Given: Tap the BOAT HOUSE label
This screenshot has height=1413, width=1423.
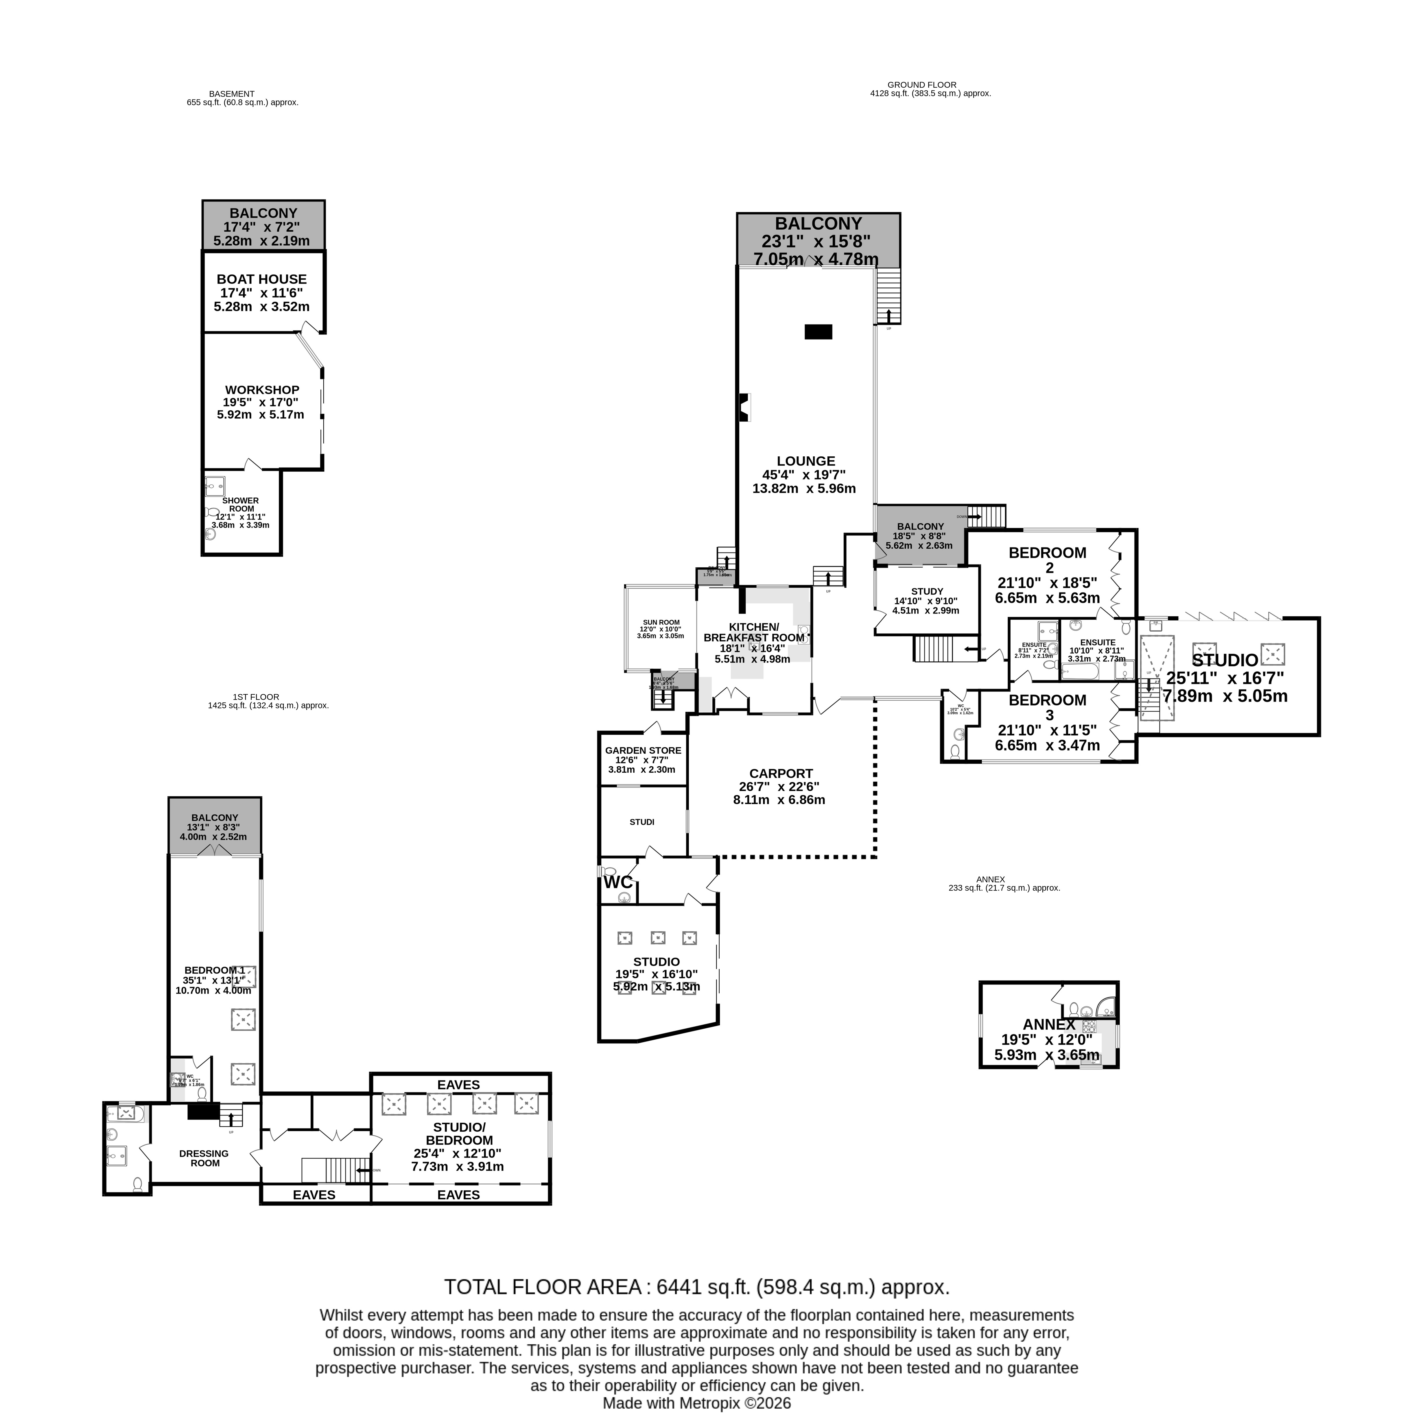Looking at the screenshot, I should click(261, 279).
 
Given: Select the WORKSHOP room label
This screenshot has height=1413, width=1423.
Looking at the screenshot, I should click(262, 390).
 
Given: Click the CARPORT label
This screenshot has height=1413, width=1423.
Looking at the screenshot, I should click(781, 773).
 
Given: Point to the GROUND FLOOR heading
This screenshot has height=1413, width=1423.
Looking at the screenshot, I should click(921, 85).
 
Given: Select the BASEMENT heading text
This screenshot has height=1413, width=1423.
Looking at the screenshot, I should click(231, 93).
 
